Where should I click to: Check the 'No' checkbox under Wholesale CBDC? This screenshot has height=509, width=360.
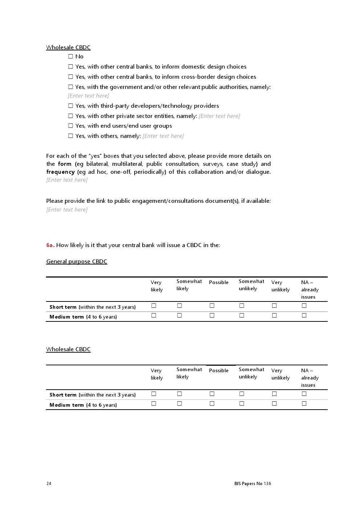pyautogui.click(x=71, y=57)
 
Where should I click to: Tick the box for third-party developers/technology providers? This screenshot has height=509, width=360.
pyautogui.click(x=71, y=106)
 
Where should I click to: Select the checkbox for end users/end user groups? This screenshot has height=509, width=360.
pyautogui.click(x=71, y=126)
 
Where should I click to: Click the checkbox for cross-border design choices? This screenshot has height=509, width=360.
pyautogui.click(x=71, y=77)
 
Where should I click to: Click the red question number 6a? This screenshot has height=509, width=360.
pyautogui.click(x=50, y=245)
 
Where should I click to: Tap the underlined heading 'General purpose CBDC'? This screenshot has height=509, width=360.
pyautogui.click(x=77, y=262)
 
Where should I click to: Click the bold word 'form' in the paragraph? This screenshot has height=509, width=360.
pyautogui.click(x=65, y=164)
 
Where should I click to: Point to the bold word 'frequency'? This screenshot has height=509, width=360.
pyautogui.click(x=60, y=172)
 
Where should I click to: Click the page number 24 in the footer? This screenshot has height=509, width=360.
pyautogui.click(x=49, y=484)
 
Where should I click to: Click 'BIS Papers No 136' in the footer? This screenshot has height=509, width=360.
pyautogui.click(x=253, y=484)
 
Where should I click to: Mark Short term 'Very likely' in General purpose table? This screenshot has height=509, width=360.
pyautogui.click(x=154, y=306)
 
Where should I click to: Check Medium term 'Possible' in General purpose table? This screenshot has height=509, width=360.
pyautogui.click(x=212, y=316)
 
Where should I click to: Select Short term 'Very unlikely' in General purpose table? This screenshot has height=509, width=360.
pyautogui.click(x=274, y=306)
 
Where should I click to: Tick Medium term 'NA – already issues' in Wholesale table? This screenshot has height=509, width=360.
pyautogui.click(x=304, y=403)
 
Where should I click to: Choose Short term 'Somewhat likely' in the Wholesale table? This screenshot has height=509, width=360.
pyautogui.click(x=179, y=394)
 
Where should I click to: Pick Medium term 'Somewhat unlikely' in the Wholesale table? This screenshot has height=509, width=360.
pyautogui.click(x=242, y=403)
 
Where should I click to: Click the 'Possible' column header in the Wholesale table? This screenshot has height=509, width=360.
pyautogui.click(x=219, y=370)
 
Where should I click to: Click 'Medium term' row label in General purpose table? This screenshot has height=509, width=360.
pyautogui.click(x=67, y=317)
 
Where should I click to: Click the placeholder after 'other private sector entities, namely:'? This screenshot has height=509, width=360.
pyautogui.click(x=219, y=116)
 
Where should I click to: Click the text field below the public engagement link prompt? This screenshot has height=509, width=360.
pyautogui.click(x=67, y=210)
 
